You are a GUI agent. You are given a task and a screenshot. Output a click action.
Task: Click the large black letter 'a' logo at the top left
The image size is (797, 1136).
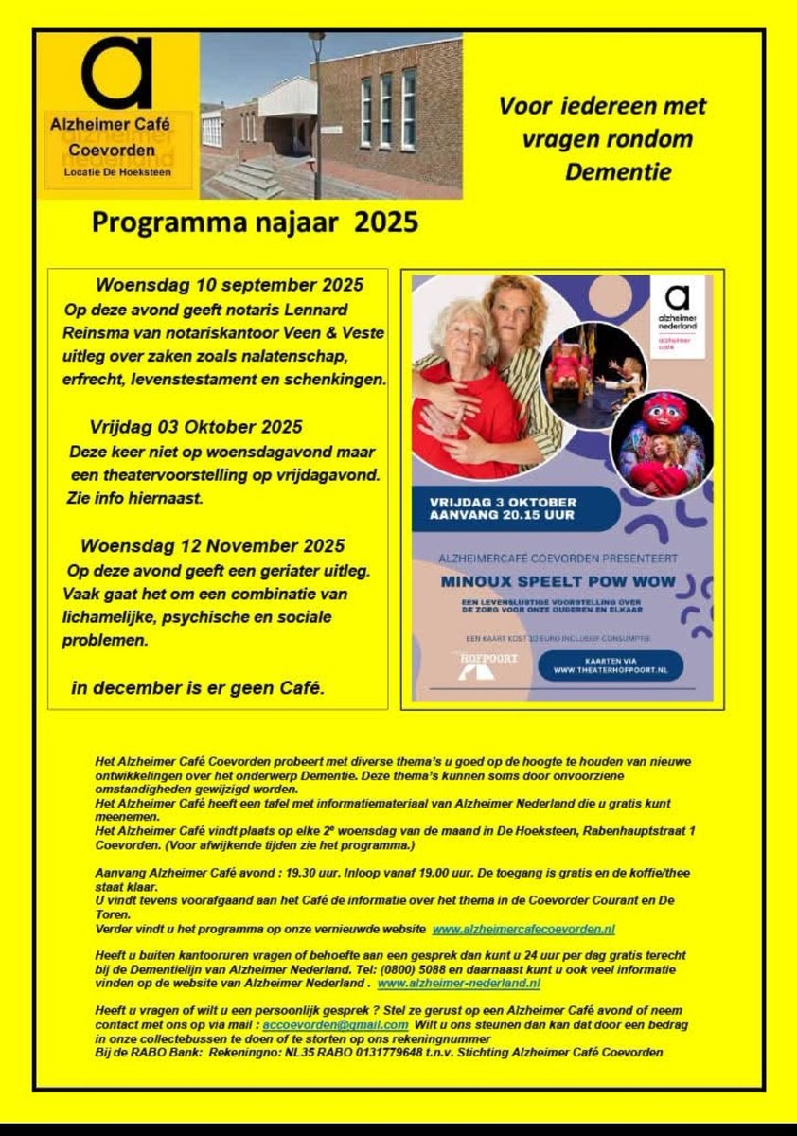(x=116, y=74)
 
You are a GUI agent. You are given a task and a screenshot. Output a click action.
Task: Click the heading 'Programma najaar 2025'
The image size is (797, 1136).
(x=255, y=222)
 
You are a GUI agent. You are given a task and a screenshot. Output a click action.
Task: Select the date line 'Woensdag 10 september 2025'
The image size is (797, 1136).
(x=229, y=285)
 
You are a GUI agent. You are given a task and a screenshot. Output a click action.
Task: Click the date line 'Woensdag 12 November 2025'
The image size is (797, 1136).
(x=213, y=546)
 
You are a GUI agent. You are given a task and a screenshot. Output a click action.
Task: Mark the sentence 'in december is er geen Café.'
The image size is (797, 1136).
(x=198, y=688)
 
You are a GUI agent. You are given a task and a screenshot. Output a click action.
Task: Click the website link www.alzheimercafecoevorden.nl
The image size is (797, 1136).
(x=523, y=931)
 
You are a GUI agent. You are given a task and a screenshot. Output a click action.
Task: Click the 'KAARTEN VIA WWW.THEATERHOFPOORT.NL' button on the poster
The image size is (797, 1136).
(x=611, y=666)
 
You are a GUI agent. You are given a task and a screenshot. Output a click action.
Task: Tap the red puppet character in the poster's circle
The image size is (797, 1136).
(x=664, y=417)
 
